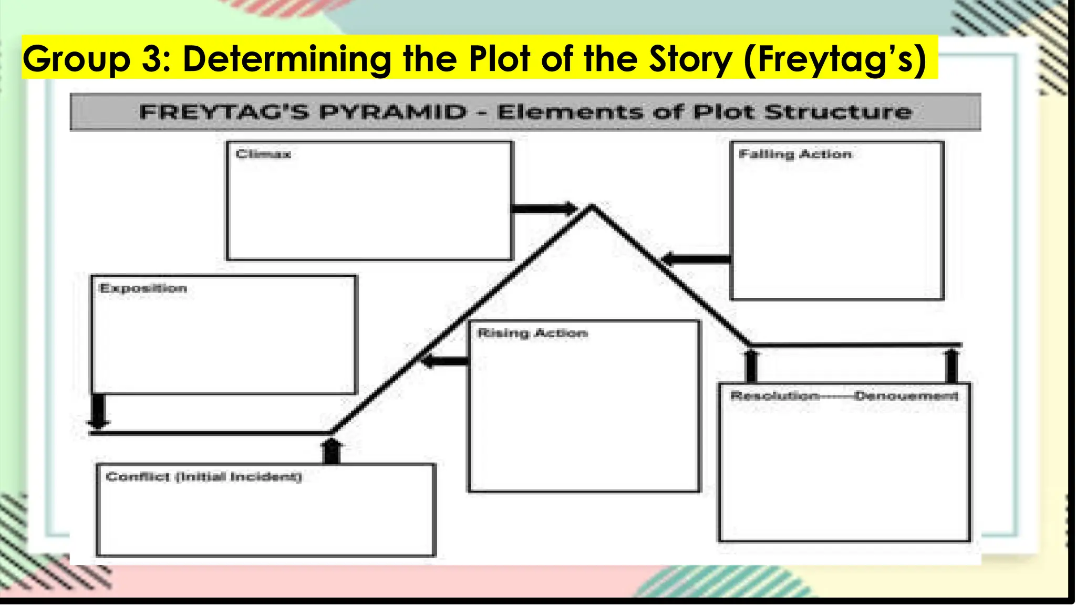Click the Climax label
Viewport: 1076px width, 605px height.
263,154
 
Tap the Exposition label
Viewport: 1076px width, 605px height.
143,288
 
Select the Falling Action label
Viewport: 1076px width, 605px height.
795,154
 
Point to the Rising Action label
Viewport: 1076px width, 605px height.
532,333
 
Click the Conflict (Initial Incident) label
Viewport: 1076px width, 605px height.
204,477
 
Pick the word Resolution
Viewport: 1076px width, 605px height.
774,396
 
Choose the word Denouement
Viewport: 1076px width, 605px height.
906,396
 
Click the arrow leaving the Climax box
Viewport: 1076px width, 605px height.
544,209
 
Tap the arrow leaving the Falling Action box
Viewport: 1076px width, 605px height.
696,259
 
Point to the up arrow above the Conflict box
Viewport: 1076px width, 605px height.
332,451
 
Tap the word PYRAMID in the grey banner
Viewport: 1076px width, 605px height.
392,112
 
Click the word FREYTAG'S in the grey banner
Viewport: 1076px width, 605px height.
223,112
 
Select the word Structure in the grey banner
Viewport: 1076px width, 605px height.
838,112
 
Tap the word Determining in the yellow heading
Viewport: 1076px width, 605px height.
287,59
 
